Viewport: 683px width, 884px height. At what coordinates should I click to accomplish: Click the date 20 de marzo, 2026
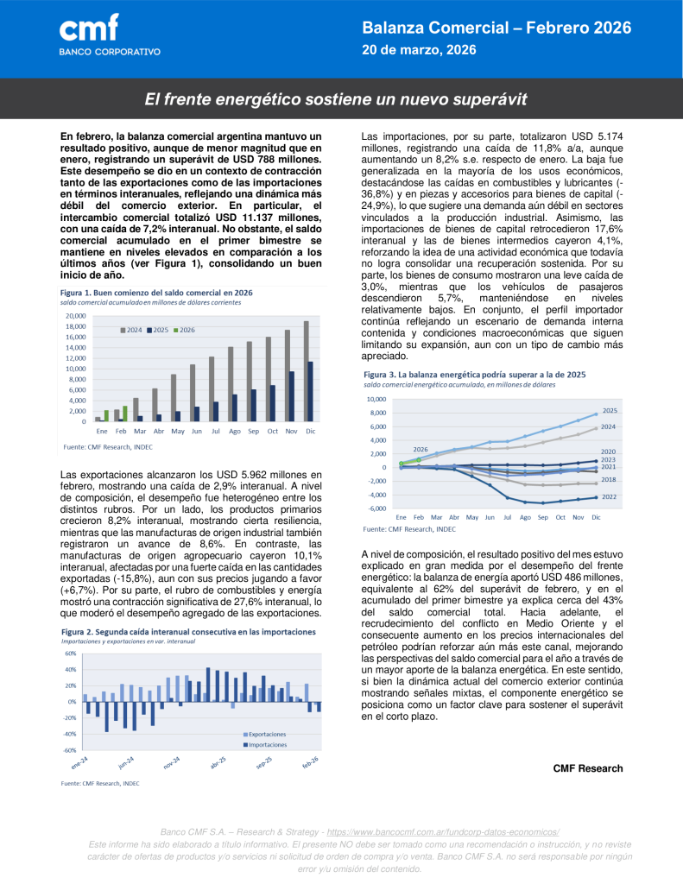[x=419, y=50]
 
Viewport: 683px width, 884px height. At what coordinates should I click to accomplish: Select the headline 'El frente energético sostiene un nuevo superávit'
[x=335, y=99]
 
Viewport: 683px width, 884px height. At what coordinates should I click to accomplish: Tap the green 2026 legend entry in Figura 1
[x=184, y=331]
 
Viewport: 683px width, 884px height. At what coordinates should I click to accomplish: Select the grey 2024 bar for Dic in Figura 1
[x=306, y=371]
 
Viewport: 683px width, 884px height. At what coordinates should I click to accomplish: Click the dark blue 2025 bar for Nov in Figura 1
[x=292, y=396]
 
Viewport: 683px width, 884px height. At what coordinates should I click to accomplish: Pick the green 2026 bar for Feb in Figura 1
[x=125, y=414]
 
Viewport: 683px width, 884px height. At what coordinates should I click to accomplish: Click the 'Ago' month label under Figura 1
[x=234, y=430]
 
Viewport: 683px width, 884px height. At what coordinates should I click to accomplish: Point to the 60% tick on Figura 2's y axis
[x=70, y=654]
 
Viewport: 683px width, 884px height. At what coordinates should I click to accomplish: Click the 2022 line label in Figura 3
[x=609, y=497]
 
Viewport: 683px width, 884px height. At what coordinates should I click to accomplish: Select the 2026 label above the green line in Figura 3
[x=421, y=449]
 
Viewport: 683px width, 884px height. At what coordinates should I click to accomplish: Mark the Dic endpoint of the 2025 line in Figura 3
[x=596, y=414]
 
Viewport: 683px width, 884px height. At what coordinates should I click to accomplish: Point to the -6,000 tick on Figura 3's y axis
[x=376, y=508]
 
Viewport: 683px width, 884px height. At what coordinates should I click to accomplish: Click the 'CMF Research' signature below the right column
[x=587, y=768]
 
